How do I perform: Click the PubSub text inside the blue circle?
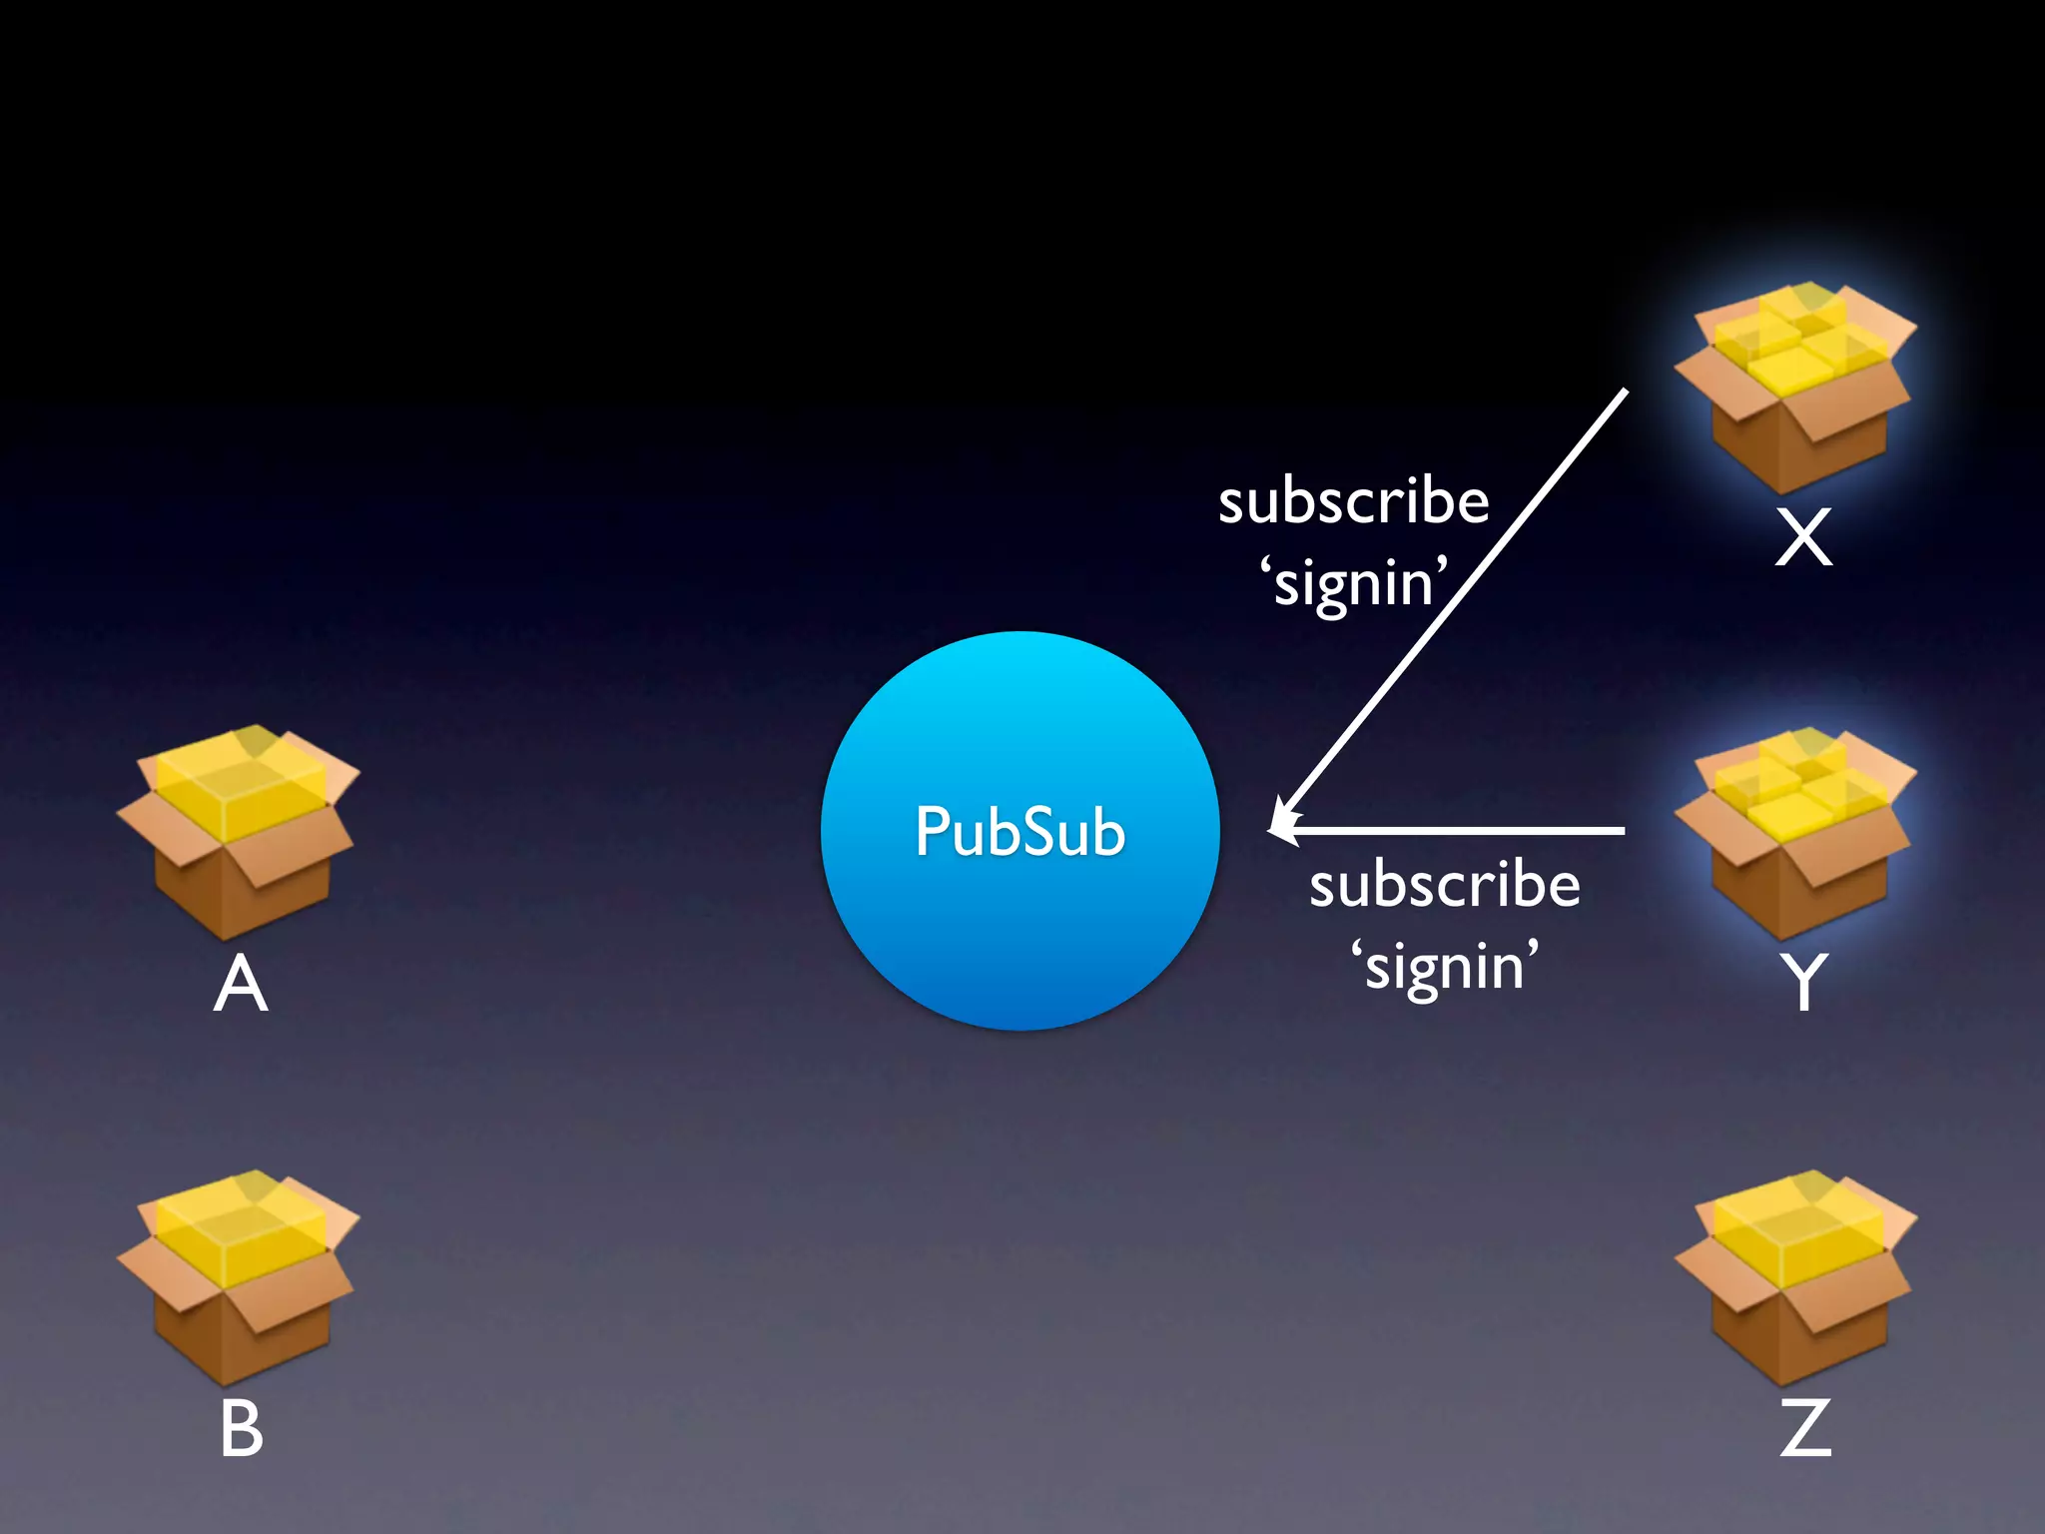1020,831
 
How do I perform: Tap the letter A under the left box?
241,984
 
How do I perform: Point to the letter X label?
1803,537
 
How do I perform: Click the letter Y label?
1803,981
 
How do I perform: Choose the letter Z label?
1805,1428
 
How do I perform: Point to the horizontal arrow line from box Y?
1458,830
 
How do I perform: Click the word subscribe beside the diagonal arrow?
1353,501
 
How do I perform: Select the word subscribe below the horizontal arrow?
1445,885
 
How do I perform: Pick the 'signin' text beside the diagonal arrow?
1353,583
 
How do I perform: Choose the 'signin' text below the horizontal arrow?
1445,967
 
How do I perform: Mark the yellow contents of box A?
242,784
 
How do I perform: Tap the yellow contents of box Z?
1797,1230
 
